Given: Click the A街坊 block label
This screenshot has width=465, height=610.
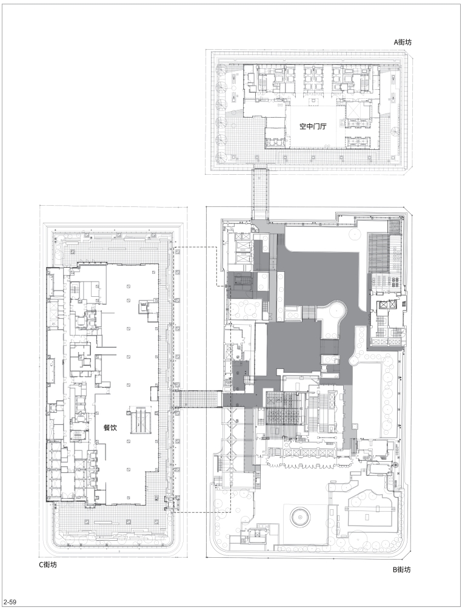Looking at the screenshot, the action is pos(403,42).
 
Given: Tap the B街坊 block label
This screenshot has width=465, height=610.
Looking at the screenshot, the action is pos(401,570).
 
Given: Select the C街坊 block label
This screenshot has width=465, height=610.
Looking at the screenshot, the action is pos(47,564).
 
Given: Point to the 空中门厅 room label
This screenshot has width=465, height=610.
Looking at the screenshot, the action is pos(312,126).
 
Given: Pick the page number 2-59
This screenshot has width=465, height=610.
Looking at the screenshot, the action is pos(10,603).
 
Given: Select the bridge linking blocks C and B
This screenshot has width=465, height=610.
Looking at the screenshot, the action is pos(197,399).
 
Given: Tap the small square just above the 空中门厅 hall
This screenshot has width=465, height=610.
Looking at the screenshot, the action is pos(312,101).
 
